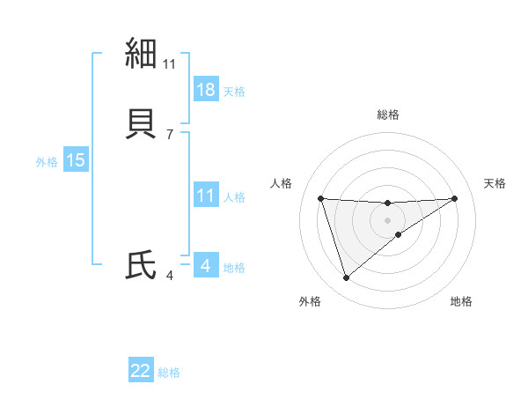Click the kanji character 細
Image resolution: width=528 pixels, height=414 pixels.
point(142,54)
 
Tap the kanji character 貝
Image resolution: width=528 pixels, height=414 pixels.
point(142,124)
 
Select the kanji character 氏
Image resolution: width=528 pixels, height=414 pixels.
point(142,265)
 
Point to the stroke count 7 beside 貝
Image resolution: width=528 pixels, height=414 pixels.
point(169,134)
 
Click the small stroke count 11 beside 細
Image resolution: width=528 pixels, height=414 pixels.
point(170,63)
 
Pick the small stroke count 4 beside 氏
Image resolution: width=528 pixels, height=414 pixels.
point(169,276)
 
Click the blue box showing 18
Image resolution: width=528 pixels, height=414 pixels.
point(206,90)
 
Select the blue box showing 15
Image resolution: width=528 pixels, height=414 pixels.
point(76,160)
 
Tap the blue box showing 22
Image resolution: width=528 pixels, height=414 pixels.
point(141,371)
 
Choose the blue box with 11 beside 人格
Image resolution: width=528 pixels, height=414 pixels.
point(206,196)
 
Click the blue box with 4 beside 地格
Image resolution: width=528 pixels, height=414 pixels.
point(206,265)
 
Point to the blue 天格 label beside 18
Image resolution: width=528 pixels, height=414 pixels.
point(234,91)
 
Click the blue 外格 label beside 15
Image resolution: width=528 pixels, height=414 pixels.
point(47,161)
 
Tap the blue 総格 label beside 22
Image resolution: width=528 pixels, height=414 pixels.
point(169,373)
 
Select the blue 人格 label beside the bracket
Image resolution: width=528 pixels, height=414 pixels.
point(234,196)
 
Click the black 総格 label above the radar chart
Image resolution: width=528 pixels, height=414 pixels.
point(388,115)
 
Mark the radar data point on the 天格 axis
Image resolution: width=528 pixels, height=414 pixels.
point(454,198)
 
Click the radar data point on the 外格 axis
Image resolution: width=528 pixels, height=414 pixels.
point(346,278)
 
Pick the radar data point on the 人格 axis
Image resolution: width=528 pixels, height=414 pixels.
point(321,198)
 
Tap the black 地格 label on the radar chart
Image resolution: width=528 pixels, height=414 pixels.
point(461,301)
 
